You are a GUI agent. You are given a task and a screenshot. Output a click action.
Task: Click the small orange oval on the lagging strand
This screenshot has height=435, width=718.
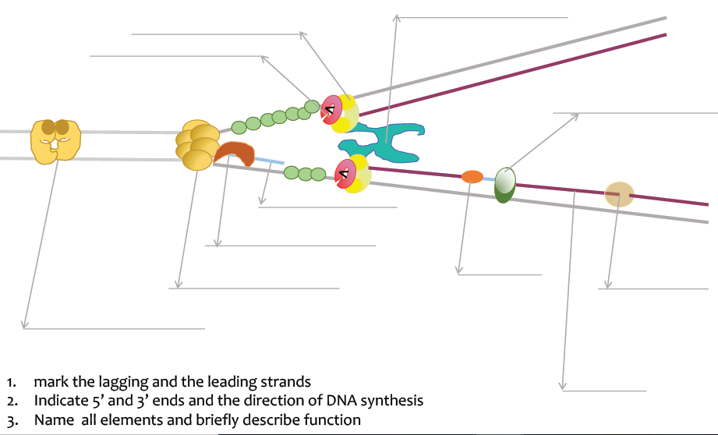click(x=472, y=177)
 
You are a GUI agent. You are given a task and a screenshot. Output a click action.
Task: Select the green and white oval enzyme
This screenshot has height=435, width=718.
click(x=505, y=186)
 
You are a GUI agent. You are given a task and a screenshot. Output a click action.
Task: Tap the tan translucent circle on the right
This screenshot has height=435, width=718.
click(x=620, y=193)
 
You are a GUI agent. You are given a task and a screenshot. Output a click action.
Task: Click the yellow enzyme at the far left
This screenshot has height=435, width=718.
click(x=55, y=140)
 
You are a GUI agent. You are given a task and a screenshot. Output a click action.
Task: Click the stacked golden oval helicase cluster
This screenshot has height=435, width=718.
click(x=196, y=144)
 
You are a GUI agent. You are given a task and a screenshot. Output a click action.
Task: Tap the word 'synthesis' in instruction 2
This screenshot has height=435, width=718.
click(x=393, y=401)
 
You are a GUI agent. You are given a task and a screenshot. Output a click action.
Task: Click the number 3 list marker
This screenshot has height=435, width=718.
click(x=10, y=420)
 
